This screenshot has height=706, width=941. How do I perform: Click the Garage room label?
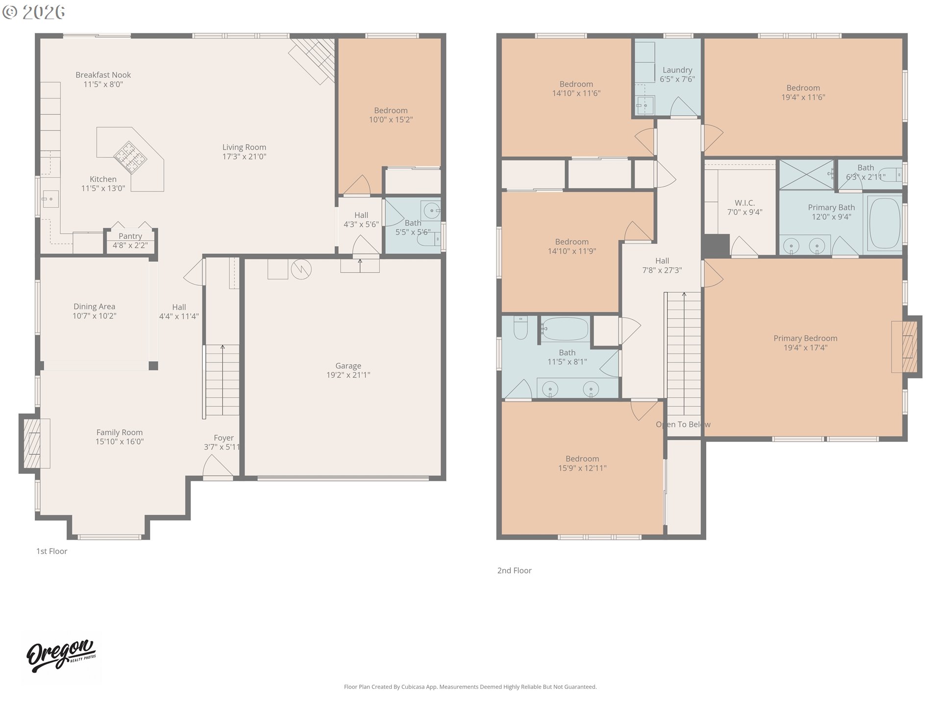point(348,366)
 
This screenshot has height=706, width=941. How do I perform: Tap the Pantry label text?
point(130,236)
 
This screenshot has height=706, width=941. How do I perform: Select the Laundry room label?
point(677,70)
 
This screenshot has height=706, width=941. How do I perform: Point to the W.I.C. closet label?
point(744,203)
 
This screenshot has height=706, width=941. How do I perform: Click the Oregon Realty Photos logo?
point(61,656)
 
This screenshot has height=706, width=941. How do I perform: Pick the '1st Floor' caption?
point(51,551)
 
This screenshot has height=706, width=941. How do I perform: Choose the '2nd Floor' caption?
point(514,570)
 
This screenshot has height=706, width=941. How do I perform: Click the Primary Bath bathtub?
point(885,223)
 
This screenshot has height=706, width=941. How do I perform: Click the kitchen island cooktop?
point(130,157)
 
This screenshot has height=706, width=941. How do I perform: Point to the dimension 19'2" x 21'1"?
point(348,375)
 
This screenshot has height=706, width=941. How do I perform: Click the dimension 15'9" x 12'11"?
point(582,468)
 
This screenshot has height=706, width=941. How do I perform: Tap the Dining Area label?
point(94,307)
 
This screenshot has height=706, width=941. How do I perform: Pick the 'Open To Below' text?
point(683,425)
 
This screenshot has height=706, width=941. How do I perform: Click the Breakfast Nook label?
point(103,75)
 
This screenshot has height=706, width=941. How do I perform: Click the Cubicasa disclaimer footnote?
point(470,687)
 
